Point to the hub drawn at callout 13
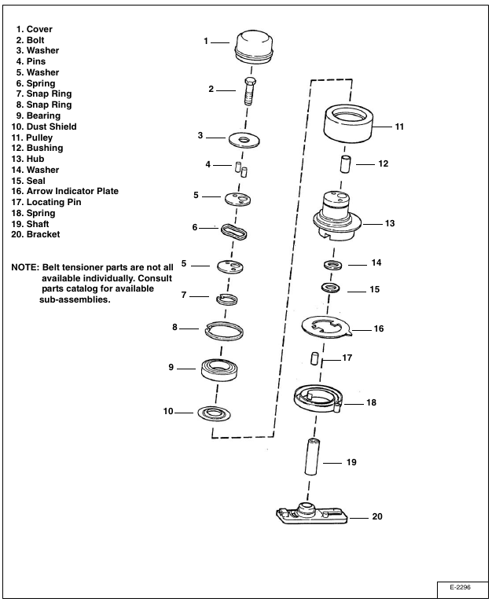coord(337,215)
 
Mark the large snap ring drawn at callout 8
coord(224,330)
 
